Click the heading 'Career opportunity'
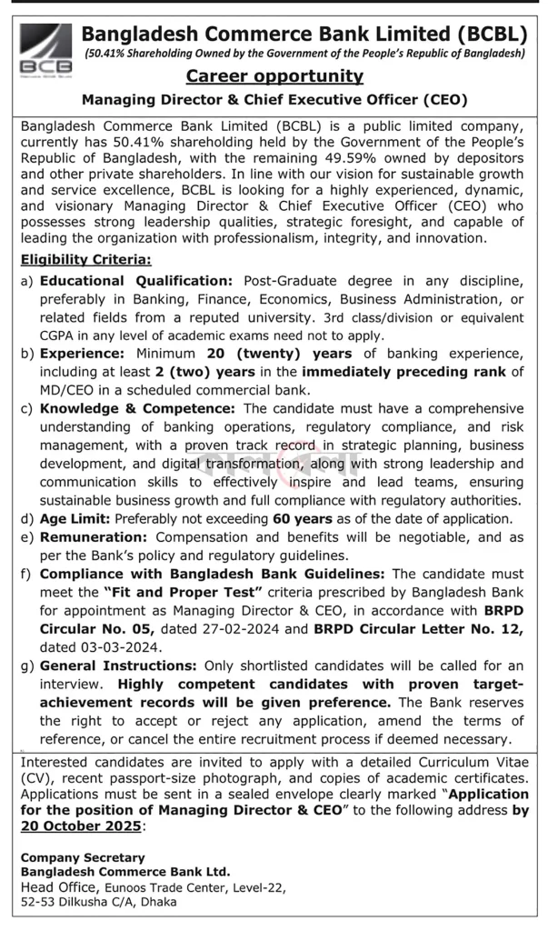click(274, 75)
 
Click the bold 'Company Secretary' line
click(83, 857)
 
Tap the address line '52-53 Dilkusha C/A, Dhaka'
click(99, 902)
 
